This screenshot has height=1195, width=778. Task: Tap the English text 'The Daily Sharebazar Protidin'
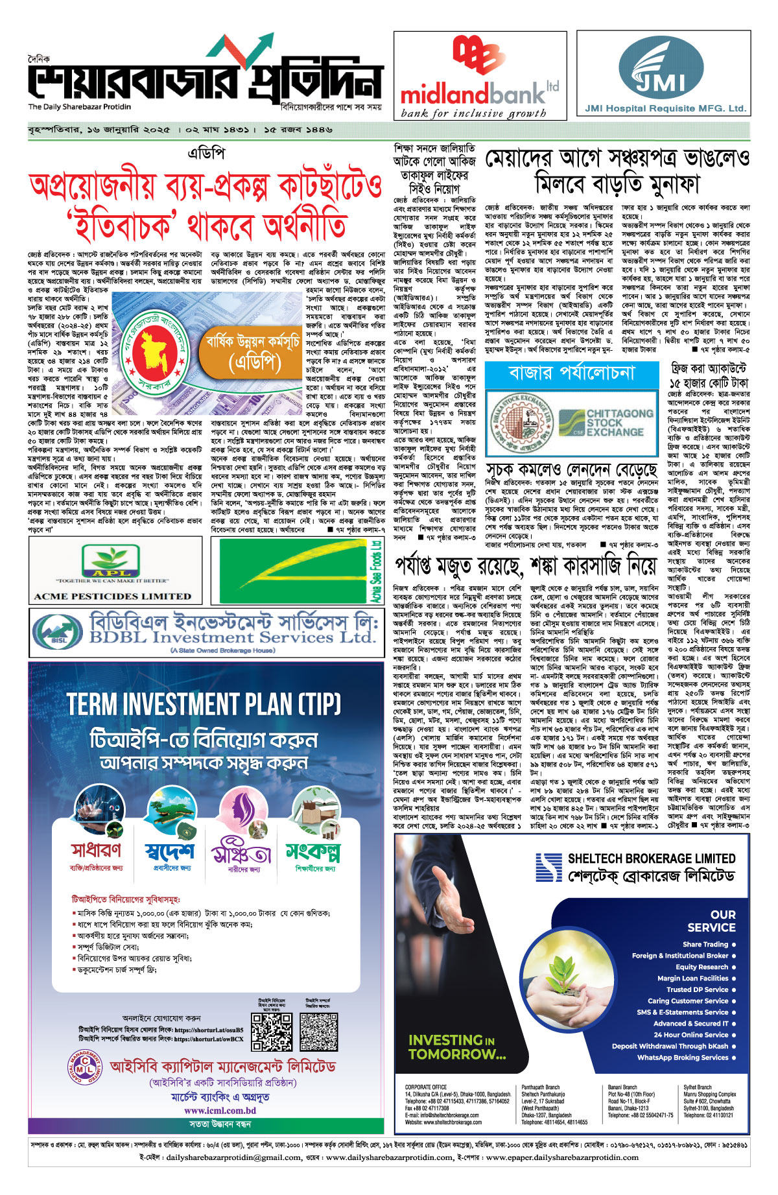tap(79, 107)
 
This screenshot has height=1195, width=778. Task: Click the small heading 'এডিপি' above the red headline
tap(206, 154)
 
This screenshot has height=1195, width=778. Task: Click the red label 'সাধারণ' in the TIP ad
tap(96, 849)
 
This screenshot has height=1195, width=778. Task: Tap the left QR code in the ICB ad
tap(272, 1032)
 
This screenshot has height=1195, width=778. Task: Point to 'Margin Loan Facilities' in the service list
tap(692, 978)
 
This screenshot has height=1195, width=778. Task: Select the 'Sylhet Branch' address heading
tap(697, 1087)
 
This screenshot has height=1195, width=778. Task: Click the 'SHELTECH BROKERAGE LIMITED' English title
tap(651, 858)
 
